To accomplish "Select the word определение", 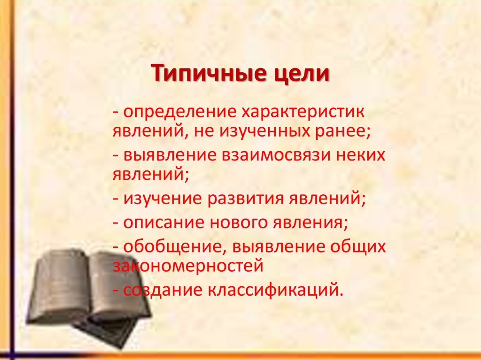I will coord(179,113).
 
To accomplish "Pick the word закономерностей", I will coord(187,267).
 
